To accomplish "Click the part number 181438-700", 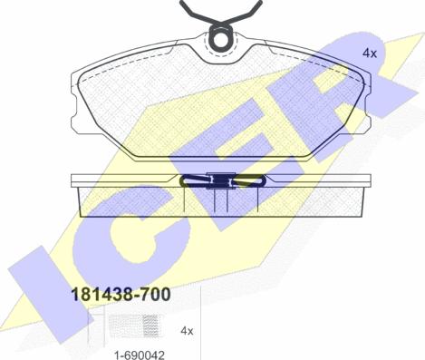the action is (121, 295).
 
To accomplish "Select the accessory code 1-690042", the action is (140, 355).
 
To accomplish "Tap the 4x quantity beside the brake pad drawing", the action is (370, 54).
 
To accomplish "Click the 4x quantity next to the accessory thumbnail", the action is (187, 331).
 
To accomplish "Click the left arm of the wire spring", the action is (197, 12).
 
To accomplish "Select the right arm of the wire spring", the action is (245, 12).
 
